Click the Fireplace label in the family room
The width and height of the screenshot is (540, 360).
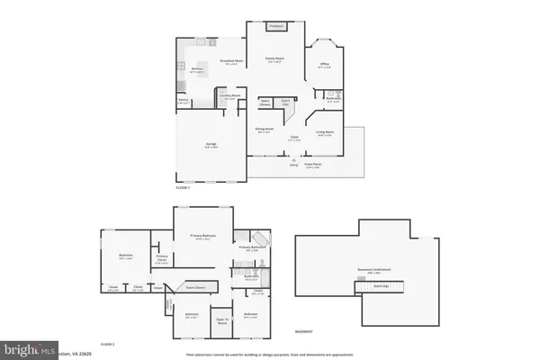point(277,26)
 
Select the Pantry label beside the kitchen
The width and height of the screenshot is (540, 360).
point(183,103)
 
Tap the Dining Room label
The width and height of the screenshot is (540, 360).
point(265,131)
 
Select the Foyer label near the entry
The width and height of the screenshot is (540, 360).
point(293,139)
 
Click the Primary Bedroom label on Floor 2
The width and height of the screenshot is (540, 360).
point(204,237)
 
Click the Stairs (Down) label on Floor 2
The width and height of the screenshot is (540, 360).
point(195,288)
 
